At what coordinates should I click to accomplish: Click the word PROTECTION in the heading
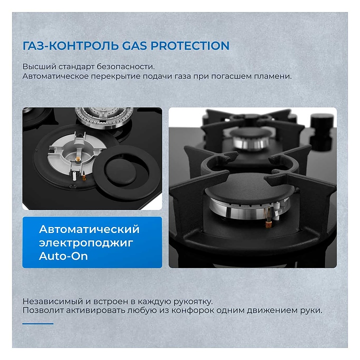click(x=189, y=45)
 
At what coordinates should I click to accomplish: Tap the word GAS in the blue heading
click(x=134, y=45)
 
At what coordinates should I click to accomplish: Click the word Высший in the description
click(x=39, y=66)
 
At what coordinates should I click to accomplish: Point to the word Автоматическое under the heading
click(x=55, y=76)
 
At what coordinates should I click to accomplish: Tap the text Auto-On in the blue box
click(x=63, y=256)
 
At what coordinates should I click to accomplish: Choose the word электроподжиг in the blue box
click(x=86, y=243)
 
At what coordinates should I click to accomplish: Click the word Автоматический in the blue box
click(x=89, y=229)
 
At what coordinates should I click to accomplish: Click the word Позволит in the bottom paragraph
click(x=43, y=310)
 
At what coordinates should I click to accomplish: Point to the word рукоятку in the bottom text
click(x=193, y=301)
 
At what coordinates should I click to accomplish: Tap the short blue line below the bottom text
click(x=38, y=323)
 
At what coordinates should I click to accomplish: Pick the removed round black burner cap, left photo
click(x=126, y=171)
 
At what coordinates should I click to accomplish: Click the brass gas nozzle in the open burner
click(x=78, y=159)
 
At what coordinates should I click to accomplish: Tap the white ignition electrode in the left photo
click(x=74, y=176)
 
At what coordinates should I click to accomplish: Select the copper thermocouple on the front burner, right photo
click(x=268, y=218)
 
